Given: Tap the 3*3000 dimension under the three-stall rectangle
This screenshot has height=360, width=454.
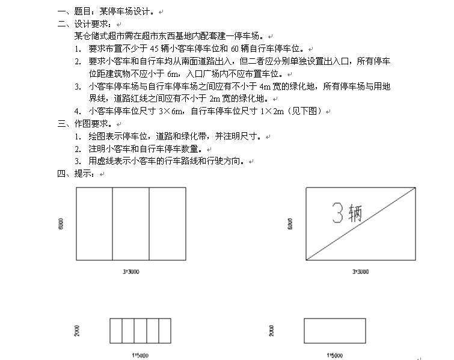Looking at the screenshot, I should pyautogui.click(x=131, y=272).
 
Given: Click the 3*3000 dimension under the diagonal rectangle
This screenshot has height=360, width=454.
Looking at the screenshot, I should pyautogui.click(x=361, y=272).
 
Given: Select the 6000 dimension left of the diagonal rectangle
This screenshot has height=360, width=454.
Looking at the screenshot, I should pyautogui.click(x=292, y=224).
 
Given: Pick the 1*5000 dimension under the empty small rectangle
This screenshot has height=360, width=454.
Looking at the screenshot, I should pyautogui.click(x=334, y=355).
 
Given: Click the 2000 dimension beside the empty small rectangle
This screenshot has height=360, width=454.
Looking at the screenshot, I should pyautogui.click(x=272, y=331).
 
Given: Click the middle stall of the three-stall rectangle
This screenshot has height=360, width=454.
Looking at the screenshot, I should pyautogui.click(x=131, y=224).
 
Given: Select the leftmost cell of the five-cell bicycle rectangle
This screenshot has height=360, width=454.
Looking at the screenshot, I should pyautogui.click(x=116, y=331).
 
